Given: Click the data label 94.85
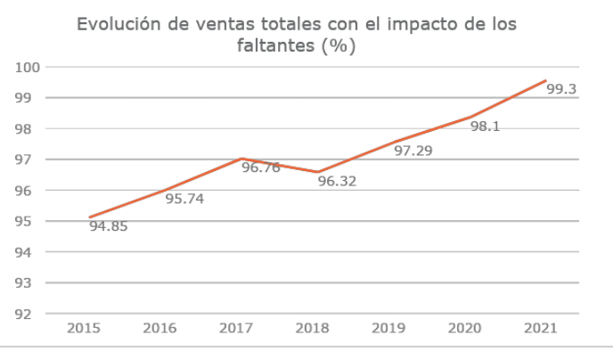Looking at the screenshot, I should [108, 226].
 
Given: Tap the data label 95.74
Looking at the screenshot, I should [184, 199].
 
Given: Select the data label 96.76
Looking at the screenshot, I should [260, 167].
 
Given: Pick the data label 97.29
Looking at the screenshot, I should [413, 151].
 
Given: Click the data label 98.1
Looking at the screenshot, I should [485, 127].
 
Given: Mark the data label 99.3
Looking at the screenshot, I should [560, 89].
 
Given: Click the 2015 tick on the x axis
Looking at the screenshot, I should [84, 329].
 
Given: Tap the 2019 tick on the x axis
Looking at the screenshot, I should [388, 329].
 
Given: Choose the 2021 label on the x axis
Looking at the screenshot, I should [542, 329].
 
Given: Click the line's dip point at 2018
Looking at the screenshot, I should [317, 172].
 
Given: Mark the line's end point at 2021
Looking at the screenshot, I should [545, 80].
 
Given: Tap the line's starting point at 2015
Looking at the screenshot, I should [89, 217].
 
